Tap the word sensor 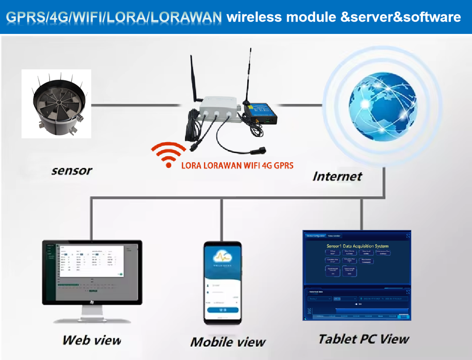point(71,171)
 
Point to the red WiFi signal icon point(168,155)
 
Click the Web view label point(91,340)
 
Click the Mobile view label point(228,342)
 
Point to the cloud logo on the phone point(223,257)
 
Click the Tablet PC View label point(363,339)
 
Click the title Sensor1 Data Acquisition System point(357,245)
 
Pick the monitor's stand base point(91,319)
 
